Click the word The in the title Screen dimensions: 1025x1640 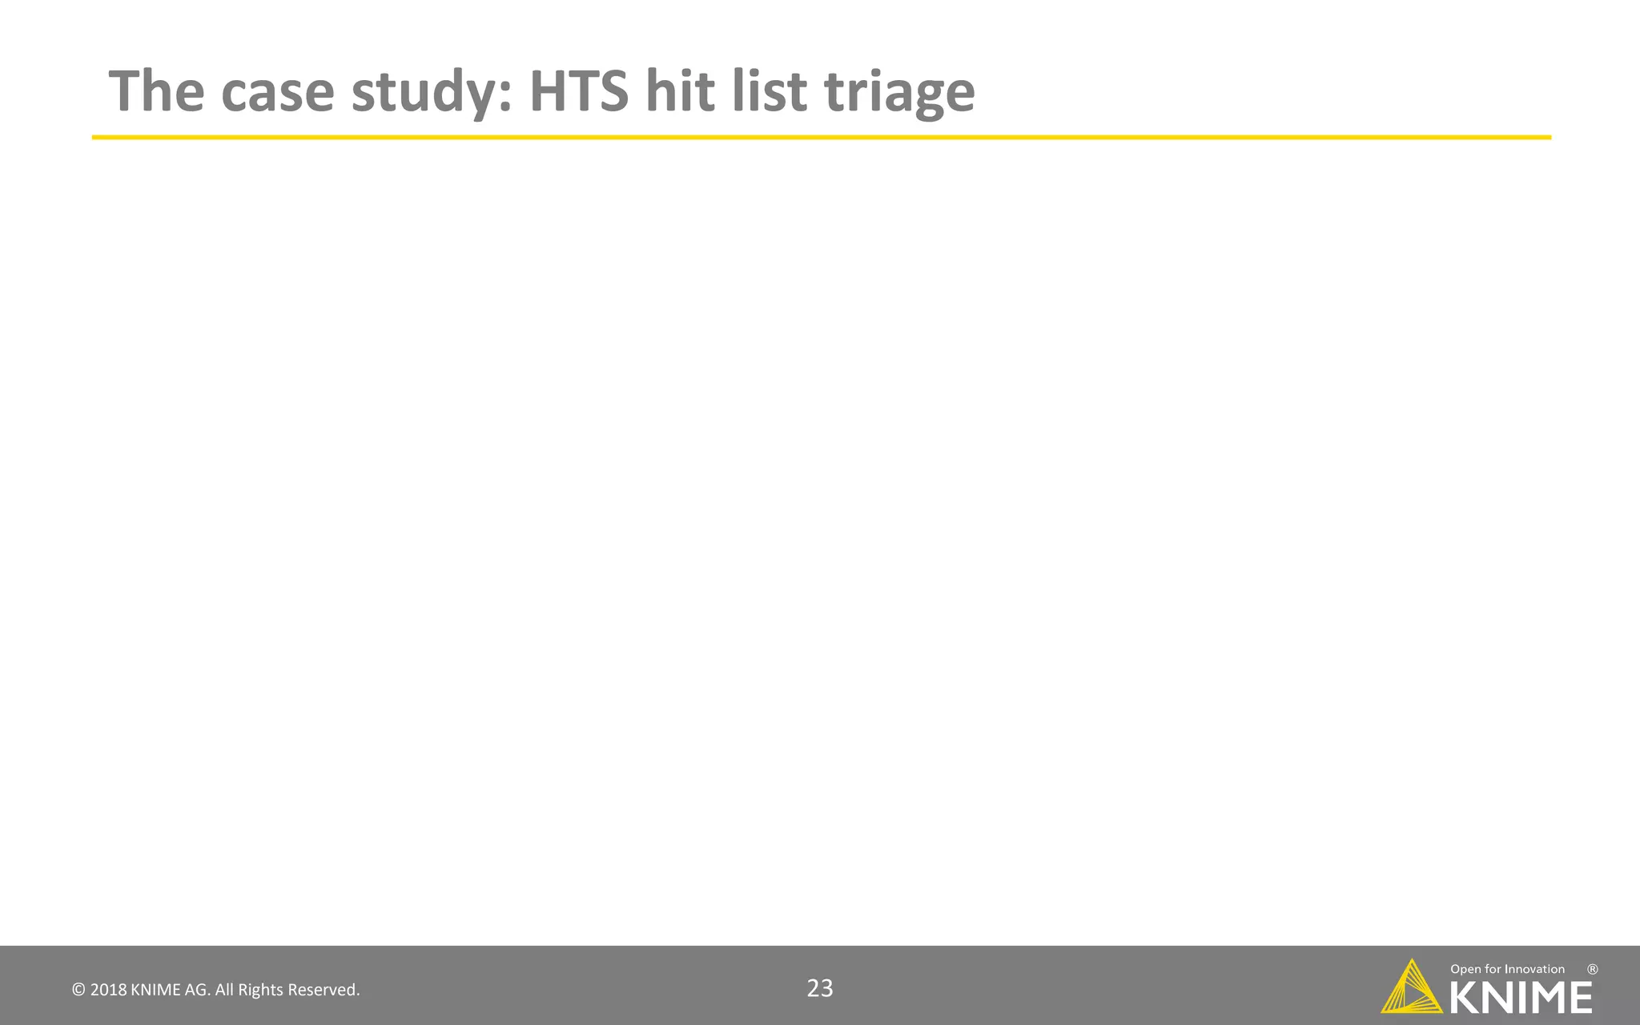(156, 90)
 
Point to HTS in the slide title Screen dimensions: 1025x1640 (579, 90)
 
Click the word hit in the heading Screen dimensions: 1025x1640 (680, 90)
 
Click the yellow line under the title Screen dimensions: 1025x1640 (821, 138)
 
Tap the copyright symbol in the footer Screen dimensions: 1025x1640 (78, 991)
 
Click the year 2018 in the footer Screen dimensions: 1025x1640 (108, 991)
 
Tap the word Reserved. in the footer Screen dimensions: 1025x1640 (324, 991)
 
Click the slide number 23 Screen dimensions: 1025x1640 (820, 989)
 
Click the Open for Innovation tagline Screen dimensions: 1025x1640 (1507, 970)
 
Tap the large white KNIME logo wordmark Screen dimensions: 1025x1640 (1521, 998)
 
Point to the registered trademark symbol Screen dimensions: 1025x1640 (1593, 969)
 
